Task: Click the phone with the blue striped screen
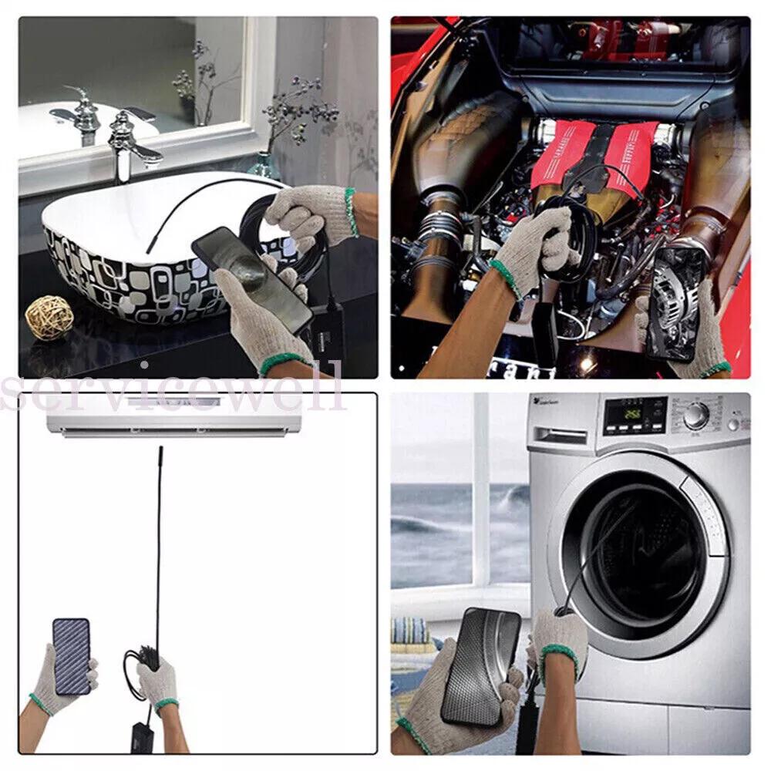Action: coord(71,655)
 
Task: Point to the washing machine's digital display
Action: coord(635,416)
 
